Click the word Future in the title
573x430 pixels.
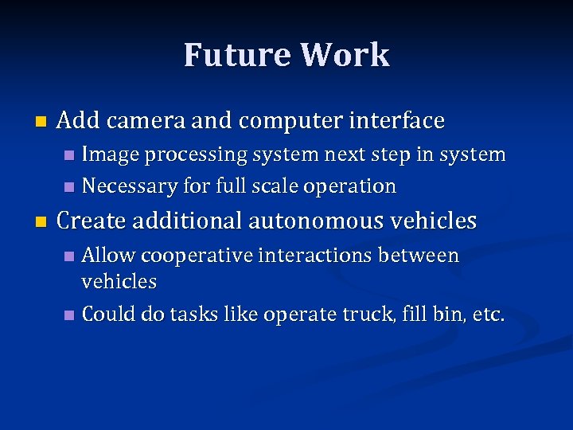coord(236,55)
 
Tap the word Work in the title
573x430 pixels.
coord(345,55)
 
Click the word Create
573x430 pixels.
coord(89,221)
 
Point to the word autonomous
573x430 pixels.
coord(318,221)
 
